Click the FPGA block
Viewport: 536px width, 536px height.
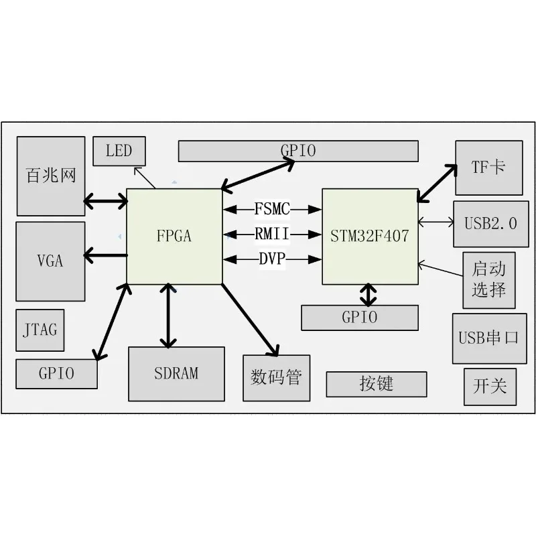point(174,237)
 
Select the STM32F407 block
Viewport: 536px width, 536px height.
point(371,237)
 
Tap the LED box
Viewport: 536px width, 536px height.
point(119,151)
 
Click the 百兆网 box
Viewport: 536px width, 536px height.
point(51,176)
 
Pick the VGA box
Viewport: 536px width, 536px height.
point(51,261)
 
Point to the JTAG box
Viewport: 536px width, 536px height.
point(40,330)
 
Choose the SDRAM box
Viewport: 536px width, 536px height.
point(176,374)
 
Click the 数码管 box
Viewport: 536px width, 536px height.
point(277,378)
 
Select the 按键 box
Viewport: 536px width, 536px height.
point(377,384)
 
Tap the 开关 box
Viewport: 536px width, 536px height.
point(490,387)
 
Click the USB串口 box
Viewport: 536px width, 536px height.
point(490,338)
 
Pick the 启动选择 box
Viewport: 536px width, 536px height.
point(489,280)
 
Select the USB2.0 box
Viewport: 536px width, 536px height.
point(491,224)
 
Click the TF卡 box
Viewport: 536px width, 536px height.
point(489,168)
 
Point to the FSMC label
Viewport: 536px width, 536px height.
point(272,209)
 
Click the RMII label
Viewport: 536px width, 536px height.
point(272,234)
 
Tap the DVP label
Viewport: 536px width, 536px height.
point(272,259)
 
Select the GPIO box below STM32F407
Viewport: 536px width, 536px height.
point(360,318)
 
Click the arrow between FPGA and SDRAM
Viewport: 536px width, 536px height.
point(168,315)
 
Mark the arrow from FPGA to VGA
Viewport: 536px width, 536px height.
point(106,255)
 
